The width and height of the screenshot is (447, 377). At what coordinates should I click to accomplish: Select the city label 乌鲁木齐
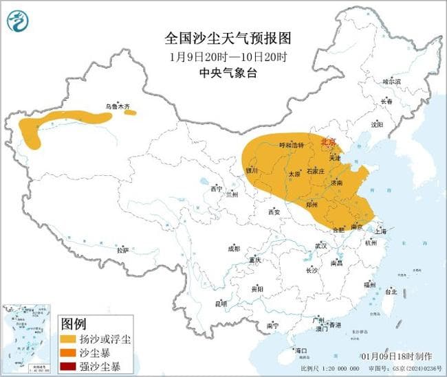pos(117,106)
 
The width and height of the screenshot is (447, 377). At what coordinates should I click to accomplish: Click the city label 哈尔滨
pos(391,82)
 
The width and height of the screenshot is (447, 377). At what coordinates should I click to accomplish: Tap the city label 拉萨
pos(122,251)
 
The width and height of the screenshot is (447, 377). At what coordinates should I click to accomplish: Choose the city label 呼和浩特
pos(290,145)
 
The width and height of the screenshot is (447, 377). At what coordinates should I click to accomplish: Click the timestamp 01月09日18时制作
pos(396,356)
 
